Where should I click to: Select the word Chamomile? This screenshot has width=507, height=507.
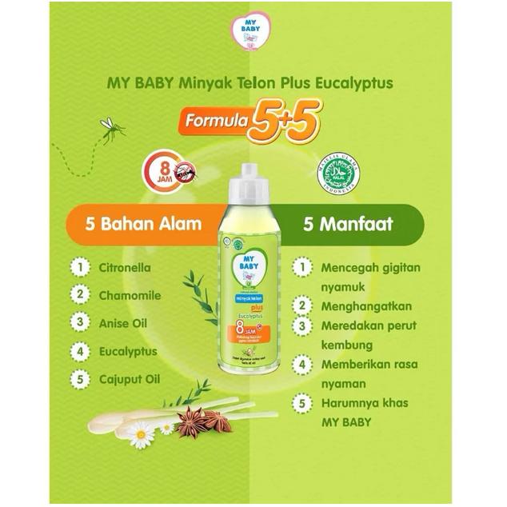tap(130, 295)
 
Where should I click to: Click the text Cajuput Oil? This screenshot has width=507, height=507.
tap(129, 379)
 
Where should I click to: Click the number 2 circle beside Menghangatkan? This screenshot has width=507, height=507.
tap(301, 305)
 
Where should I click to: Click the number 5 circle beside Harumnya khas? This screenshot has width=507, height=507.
tap(301, 403)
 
